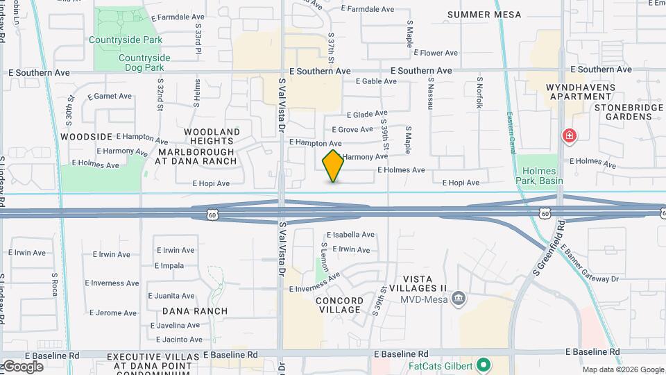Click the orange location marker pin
333,166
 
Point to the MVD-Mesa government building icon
459,299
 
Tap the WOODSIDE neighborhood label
86,137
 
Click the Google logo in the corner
22,366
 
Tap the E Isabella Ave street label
350,235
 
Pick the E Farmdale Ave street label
368,9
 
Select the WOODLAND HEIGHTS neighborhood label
212,136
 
